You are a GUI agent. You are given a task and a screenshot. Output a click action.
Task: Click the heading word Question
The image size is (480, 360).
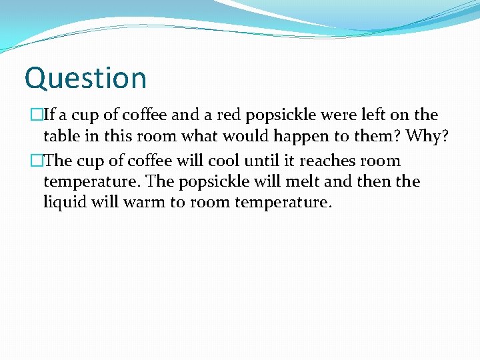pyautogui.click(x=85, y=78)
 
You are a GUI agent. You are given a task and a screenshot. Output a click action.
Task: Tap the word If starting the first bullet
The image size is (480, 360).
pyautogui.click(x=49, y=115)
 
